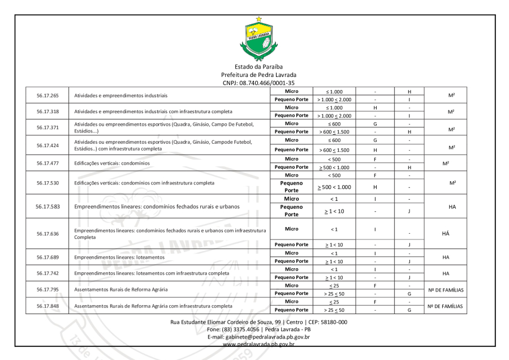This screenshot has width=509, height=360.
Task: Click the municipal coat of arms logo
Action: [x=258, y=39]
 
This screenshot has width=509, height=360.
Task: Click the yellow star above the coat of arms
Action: [x=258, y=19]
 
